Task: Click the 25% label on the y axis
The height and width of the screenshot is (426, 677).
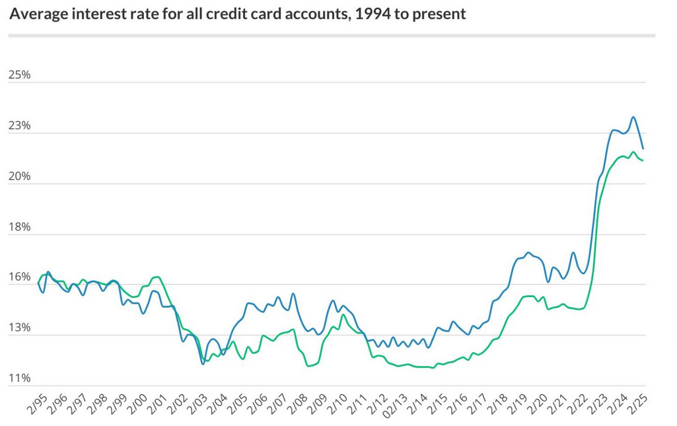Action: coord(19,75)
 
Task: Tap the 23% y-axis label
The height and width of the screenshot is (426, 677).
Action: coord(19,125)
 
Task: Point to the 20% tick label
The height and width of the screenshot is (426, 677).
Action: coord(19,176)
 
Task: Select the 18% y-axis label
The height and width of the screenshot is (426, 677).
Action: coord(19,227)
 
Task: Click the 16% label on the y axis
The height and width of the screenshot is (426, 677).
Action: coord(19,277)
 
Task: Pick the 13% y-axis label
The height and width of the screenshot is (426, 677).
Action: coord(19,328)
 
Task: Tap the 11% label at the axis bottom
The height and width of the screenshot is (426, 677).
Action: coord(19,378)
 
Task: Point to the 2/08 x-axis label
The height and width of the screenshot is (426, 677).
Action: coord(302,404)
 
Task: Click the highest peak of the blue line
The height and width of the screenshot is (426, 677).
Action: coord(633,118)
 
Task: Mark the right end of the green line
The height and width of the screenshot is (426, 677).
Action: coord(643,160)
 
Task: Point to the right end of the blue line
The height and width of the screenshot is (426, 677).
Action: coord(643,149)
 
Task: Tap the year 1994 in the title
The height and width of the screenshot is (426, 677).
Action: coord(357,13)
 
